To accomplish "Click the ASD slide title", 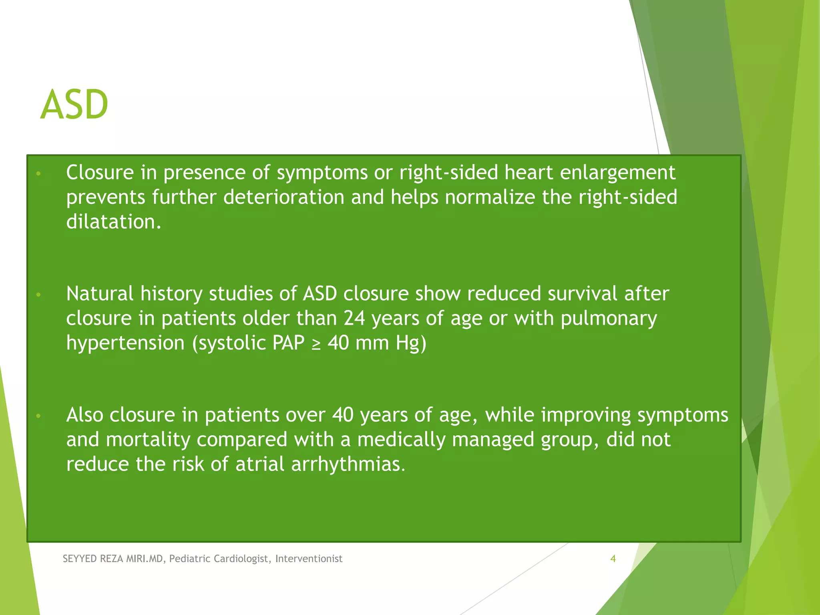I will [74, 105].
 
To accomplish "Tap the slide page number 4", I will [613, 559].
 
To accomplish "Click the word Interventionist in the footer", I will [309, 559].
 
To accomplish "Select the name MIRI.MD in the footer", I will [145, 559].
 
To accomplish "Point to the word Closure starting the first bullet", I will [100, 173].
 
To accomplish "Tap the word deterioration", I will [284, 197].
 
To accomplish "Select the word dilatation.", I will [113, 222].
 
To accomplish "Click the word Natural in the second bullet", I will [100, 293].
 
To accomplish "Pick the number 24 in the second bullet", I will [354, 318].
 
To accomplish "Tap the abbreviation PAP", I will [288, 343].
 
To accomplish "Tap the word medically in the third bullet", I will [401, 440].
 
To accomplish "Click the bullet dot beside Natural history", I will [38, 295].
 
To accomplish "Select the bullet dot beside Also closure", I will [38, 416].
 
